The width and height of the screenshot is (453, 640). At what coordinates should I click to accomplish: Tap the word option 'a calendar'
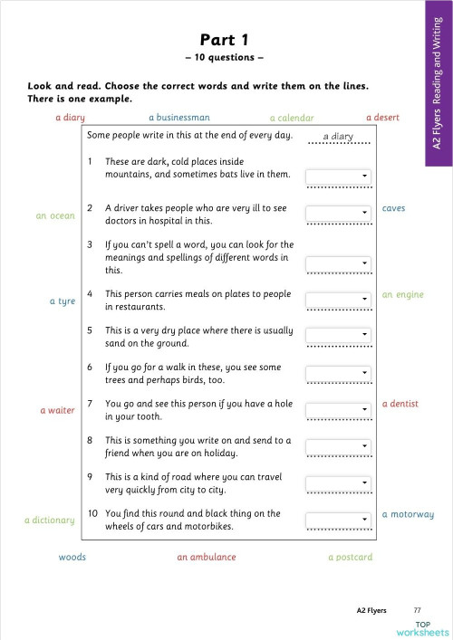click(x=292, y=118)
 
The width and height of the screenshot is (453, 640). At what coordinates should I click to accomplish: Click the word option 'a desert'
click(x=382, y=118)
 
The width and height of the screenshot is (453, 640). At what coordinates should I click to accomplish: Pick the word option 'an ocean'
click(x=55, y=216)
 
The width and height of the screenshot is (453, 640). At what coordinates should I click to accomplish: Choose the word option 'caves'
click(x=393, y=208)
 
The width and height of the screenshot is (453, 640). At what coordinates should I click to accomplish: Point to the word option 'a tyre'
click(x=62, y=301)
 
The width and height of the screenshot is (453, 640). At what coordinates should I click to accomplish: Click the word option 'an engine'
click(x=402, y=295)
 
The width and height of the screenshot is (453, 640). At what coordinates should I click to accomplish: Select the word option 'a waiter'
click(x=57, y=411)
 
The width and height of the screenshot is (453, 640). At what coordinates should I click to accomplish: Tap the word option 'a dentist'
click(x=400, y=404)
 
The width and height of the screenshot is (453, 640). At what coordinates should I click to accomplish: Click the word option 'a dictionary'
click(x=49, y=521)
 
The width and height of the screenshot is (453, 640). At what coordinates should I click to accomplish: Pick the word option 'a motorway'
click(x=408, y=514)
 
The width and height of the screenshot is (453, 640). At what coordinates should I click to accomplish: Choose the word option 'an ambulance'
click(x=207, y=558)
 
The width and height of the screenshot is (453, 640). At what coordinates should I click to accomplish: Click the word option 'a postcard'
click(x=350, y=558)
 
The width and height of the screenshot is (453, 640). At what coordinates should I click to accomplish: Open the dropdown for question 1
click(x=339, y=176)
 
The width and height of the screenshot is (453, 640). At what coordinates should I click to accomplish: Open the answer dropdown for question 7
click(x=339, y=409)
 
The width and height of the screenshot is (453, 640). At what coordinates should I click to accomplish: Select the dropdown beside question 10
click(x=339, y=519)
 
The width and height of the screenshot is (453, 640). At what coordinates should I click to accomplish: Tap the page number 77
click(x=417, y=610)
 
